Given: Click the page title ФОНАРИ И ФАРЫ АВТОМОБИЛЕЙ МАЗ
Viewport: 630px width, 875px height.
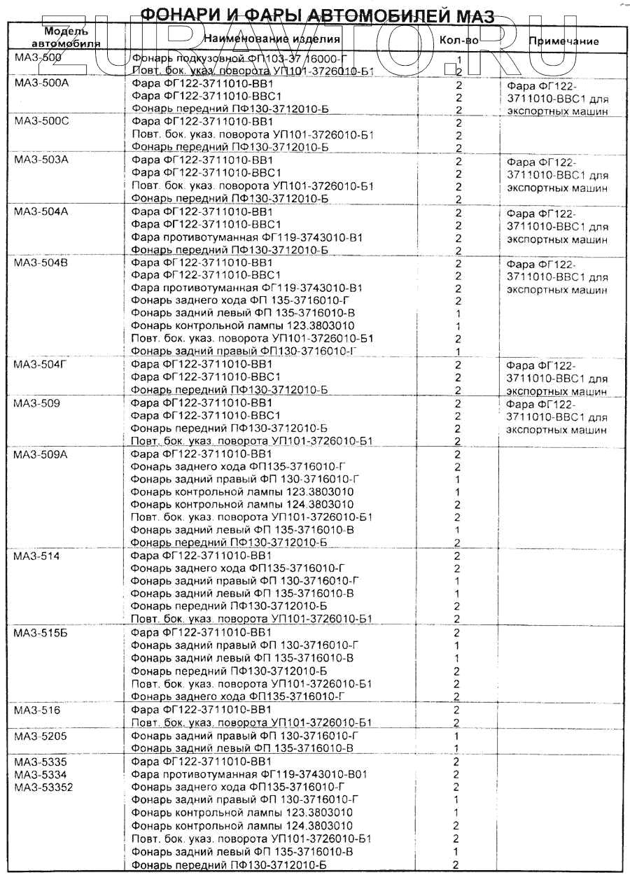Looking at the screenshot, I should pos(317,15).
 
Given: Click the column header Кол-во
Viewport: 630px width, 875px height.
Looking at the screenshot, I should pos(458,41).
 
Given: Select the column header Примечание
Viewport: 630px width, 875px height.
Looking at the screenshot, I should pos(563,41).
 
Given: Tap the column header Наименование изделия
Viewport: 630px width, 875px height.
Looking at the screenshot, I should pos(272,38).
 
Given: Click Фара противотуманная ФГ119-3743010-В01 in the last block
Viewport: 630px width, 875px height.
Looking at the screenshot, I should pos(249,774).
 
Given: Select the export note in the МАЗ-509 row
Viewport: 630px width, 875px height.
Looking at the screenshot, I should pos(557,417).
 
